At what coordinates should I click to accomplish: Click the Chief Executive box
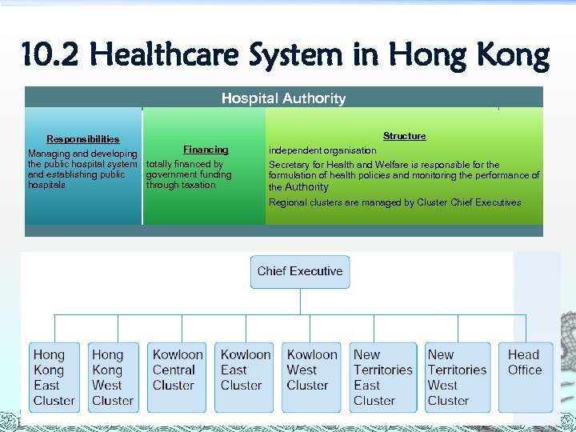pyautogui.click(x=300, y=272)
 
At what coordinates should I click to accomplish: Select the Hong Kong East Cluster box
pyautogui.click(x=54, y=377)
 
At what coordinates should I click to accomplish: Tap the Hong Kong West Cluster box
pyautogui.click(x=113, y=377)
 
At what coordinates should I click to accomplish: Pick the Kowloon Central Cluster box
pyautogui.click(x=178, y=377)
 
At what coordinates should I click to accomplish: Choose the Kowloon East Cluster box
pyautogui.click(x=246, y=377)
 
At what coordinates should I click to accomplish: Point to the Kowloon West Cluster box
pyautogui.click(x=312, y=377)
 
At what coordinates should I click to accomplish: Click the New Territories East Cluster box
pyautogui.click(x=383, y=377)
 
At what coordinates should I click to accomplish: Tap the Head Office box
pyautogui.click(x=525, y=377)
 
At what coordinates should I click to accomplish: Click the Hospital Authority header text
pyautogui.click(x=283, y=98)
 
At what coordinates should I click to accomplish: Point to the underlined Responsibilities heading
pyautogui.click(x=82, y=139)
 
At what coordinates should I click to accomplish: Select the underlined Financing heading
pyautogui.click(x=206, y=150)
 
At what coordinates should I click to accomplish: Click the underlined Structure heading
pyautogui.click(x=404, y=136)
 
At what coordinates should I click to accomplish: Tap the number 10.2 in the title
pyautogui.click(x=51, y=56)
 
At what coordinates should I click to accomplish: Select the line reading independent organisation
pyautogui.click(x=322, y=150)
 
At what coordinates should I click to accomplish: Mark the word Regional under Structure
pyautogui.click(x=286, y=202)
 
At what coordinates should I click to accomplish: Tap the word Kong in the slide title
pyautogui.click(x=510, y=56)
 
